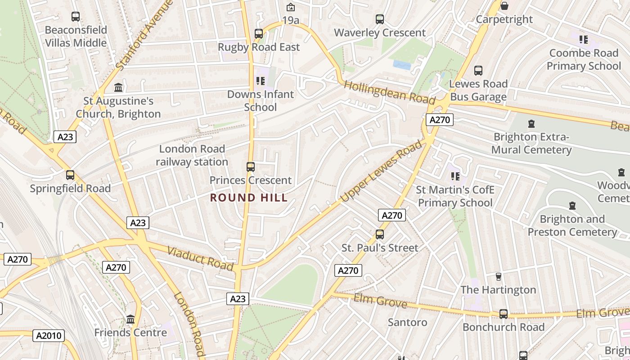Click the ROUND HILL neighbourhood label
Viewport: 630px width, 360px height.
(249, 198)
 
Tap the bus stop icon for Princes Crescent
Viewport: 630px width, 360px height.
(251, 167)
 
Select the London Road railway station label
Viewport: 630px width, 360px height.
(192, 155)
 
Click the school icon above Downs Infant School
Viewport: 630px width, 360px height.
(260, 81)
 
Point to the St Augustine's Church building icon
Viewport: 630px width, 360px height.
(118, 87)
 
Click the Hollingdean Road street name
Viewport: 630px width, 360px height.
(390, 92)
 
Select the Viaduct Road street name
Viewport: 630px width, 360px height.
(201, 258)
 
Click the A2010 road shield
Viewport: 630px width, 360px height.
(49, 335)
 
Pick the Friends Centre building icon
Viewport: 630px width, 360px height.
(130, 319)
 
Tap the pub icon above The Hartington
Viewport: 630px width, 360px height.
(498, 276)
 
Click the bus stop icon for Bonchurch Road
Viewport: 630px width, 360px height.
(504, 314)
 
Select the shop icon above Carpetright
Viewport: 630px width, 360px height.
(504, 6)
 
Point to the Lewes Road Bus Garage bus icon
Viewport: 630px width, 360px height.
(478, 71)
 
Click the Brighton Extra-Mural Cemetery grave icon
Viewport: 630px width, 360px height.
(531, 124)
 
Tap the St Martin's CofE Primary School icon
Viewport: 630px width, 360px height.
(455, 176)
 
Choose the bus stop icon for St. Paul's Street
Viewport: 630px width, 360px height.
(380, 234)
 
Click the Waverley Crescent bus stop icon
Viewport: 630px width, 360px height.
(380, 19)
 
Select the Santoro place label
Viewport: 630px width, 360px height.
(408, 322)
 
